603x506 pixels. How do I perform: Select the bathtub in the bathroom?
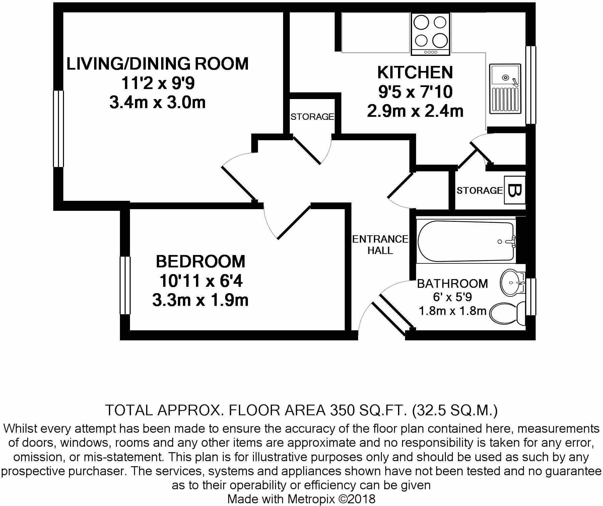pyautogui.click(x=466, y=241)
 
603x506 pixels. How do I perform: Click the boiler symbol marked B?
pyautogui.click(x=515, y=190)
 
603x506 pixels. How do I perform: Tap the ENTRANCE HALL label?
pyautogui.click(x=380, y=245)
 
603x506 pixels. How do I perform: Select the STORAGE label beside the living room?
pyautogui.click(x=312, y=117)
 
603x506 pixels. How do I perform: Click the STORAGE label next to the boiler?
pyautogui.click(x=479, y=190)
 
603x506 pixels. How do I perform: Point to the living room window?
pyautogui.click(x=59, y=129)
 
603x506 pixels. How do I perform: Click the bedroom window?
pyautogui.click(x=125, y=285)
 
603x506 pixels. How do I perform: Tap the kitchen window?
pyautogui.click(x=531, y=85)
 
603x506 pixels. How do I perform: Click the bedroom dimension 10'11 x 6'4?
pyautogui.click(x=201, y=281)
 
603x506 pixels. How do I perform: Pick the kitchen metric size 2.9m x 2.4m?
pyautogui.click(x=415, y=111)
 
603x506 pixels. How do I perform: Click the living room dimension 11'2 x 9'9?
pyautogui.click(x=157, y=83)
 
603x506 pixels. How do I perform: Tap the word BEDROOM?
pyautogui.click(x=201, y=261)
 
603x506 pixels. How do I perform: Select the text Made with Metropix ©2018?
pyautogui.click(x=301, y=499)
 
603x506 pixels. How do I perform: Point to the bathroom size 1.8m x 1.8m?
pyautogui.click(x=452, y=311)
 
